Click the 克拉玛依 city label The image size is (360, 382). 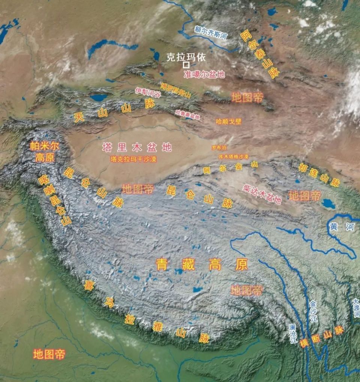[x=186, y=57]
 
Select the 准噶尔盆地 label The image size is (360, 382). [x=204, y=74]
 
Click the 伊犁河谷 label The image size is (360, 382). [x=147, y=91]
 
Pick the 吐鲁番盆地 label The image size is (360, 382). [x=187, y=115]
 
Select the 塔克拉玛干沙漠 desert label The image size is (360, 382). [x=133, y=159]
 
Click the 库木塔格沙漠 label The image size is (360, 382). [x=233, y=157]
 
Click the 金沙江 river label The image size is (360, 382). [x=313, y=312]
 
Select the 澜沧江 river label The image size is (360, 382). [x=293, y=333]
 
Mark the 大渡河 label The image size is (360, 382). [x=356, y=308]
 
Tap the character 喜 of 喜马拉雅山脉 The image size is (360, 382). [x=89, y=286]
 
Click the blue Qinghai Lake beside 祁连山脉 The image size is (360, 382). [x=328, y=204]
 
